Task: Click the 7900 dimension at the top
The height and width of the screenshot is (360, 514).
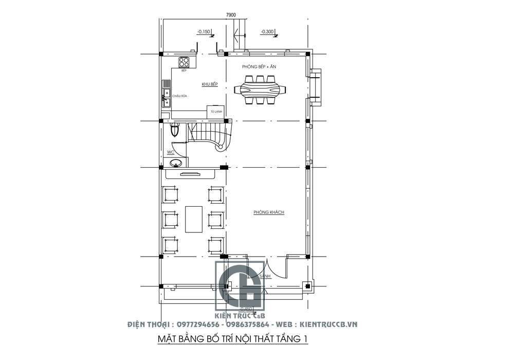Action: click(231, 15)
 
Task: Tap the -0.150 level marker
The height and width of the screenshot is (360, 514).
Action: click(204, 32)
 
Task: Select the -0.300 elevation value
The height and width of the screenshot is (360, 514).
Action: click(267, 32)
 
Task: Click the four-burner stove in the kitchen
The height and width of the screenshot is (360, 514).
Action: click(185, 63)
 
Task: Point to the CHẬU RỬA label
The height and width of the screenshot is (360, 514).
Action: click(179, 96)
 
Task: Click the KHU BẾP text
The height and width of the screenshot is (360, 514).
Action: click(210, 84)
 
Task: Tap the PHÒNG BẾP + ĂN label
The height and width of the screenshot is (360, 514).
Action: click(260, 67)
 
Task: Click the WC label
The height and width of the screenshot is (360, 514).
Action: click(171, 152)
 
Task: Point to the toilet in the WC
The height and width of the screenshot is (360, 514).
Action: click(175, 131)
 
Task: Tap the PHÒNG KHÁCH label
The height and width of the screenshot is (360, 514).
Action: click(269, 212)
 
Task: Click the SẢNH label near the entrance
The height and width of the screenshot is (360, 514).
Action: click(265, 276)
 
